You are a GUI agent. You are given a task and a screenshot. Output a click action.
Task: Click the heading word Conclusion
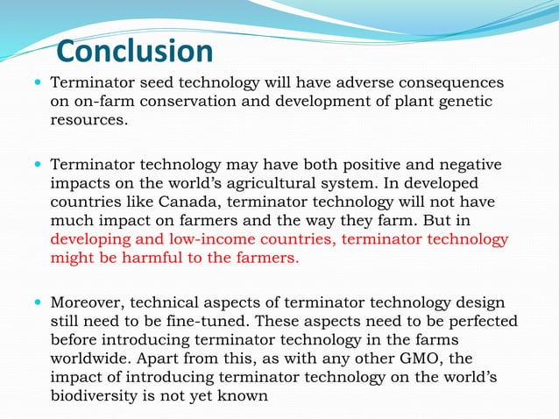(135, 51)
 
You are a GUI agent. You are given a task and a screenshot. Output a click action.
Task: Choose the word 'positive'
(366, 164)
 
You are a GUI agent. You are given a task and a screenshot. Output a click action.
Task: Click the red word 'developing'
(90, 239)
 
